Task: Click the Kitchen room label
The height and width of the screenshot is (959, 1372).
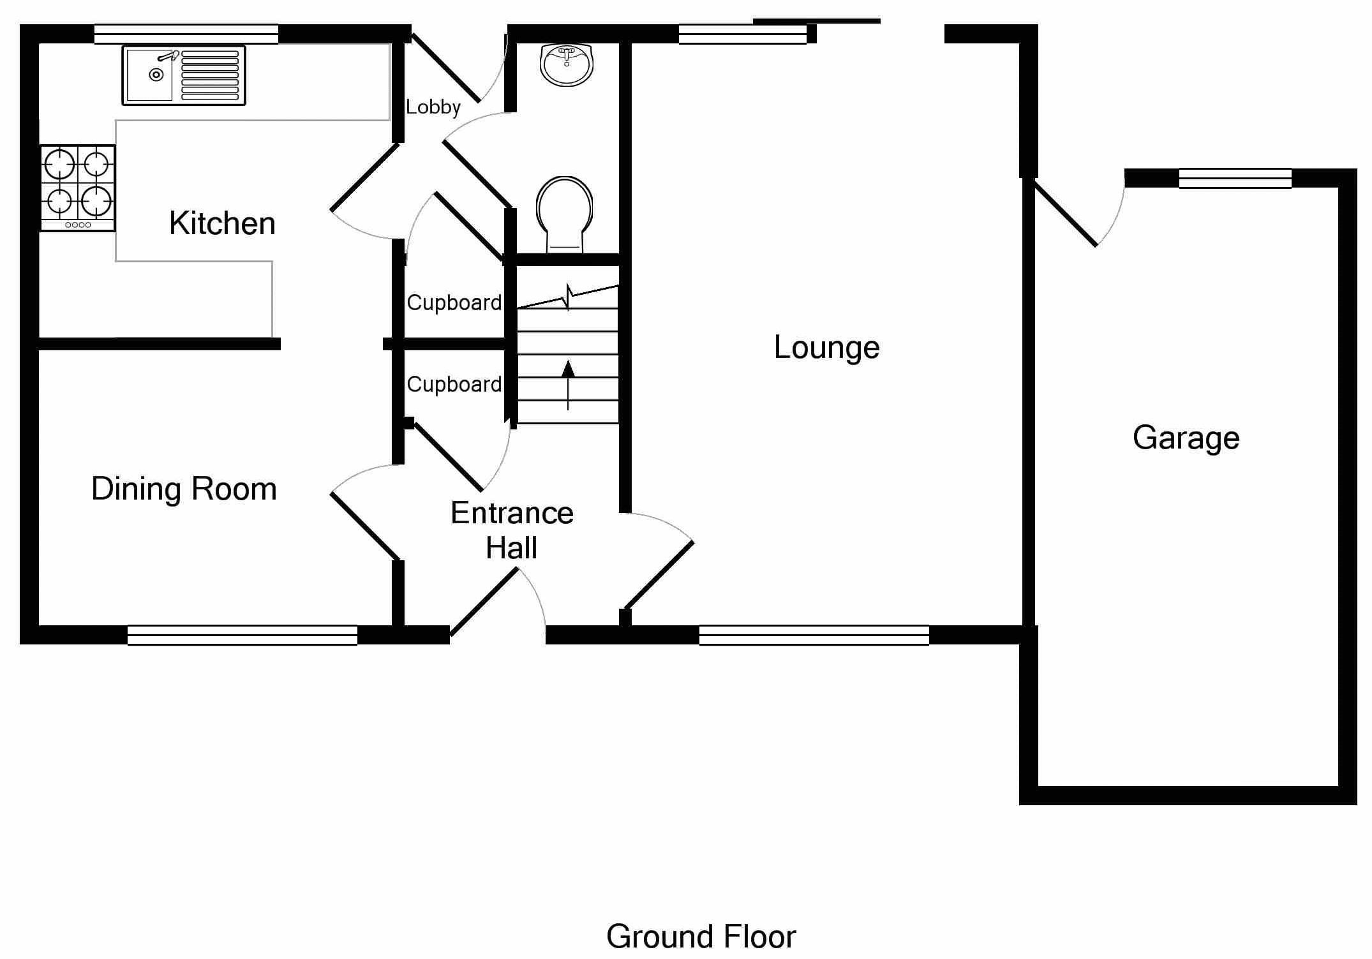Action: pyautogui.click(x=222, y=224)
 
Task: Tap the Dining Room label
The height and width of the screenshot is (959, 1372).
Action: pyautogui.click(x=184, y=489)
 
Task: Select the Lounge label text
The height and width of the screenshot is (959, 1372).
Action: pyautogui.click(x=826, y=348)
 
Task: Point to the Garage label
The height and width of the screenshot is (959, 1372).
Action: pyautogui.click(x=1186, y=438)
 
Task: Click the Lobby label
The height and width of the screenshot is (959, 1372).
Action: pyautogui.click(x=433, y=107)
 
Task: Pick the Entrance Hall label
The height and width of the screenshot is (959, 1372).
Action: pyautogui.click(x=512, y=530)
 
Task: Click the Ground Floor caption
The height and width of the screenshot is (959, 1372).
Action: pyautogui.click(x=701, y=937)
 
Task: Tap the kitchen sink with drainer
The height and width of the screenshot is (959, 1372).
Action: pyautogui.click(x=184, y=75)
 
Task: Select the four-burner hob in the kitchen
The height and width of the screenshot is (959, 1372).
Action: pyautogui.click(x=78, y=188)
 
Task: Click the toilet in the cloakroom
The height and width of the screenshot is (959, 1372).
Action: pyautogui.click(x=565, y=214)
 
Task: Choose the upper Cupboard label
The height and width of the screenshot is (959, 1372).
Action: pyautogui.click(x=454, y=302)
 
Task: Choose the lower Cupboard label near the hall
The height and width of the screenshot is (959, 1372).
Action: pyautogui.click(x=454, y=384)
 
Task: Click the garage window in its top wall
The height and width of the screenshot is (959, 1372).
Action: pyautogui.click(x=1235, y=179)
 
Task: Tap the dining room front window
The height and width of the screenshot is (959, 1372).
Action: pyautogui.click(x=242, y=635)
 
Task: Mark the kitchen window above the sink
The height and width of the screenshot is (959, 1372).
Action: pyautogui.click(x=186, y=34)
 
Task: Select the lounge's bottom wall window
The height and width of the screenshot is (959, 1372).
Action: pyautogui.click(x=814, y=635)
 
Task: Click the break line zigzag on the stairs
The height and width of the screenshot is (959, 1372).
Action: pyautogui.click(x=568, y=297)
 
